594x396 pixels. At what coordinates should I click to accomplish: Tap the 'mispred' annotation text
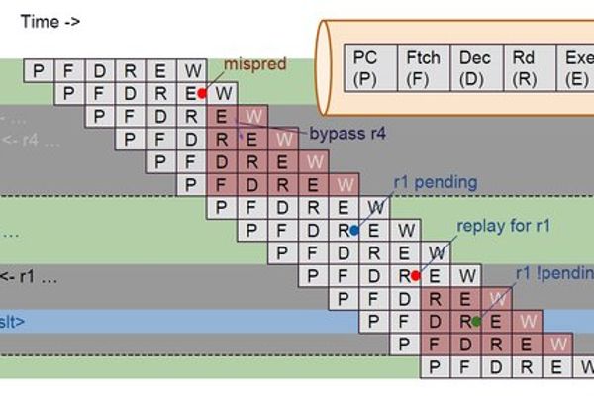click(255, 65)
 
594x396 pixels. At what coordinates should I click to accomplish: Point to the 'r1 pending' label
click(435, 182)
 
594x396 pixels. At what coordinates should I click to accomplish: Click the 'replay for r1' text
click(503, 226)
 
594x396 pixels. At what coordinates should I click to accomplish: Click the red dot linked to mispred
click(202, 93)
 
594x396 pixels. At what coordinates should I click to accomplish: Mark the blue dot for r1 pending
click(354, 230)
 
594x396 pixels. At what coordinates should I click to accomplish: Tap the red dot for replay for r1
click(416, 276)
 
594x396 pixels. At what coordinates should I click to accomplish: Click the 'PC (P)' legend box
click(367, 68)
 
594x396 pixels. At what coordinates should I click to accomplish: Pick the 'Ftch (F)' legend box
click(423, 68)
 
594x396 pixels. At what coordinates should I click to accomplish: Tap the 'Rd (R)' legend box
click(527, 68)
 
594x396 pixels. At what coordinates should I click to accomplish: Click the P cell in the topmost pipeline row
click(39, 71)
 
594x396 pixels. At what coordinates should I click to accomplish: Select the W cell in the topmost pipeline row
click(192, 71)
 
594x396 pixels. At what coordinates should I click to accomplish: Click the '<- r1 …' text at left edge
click(30, 276)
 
